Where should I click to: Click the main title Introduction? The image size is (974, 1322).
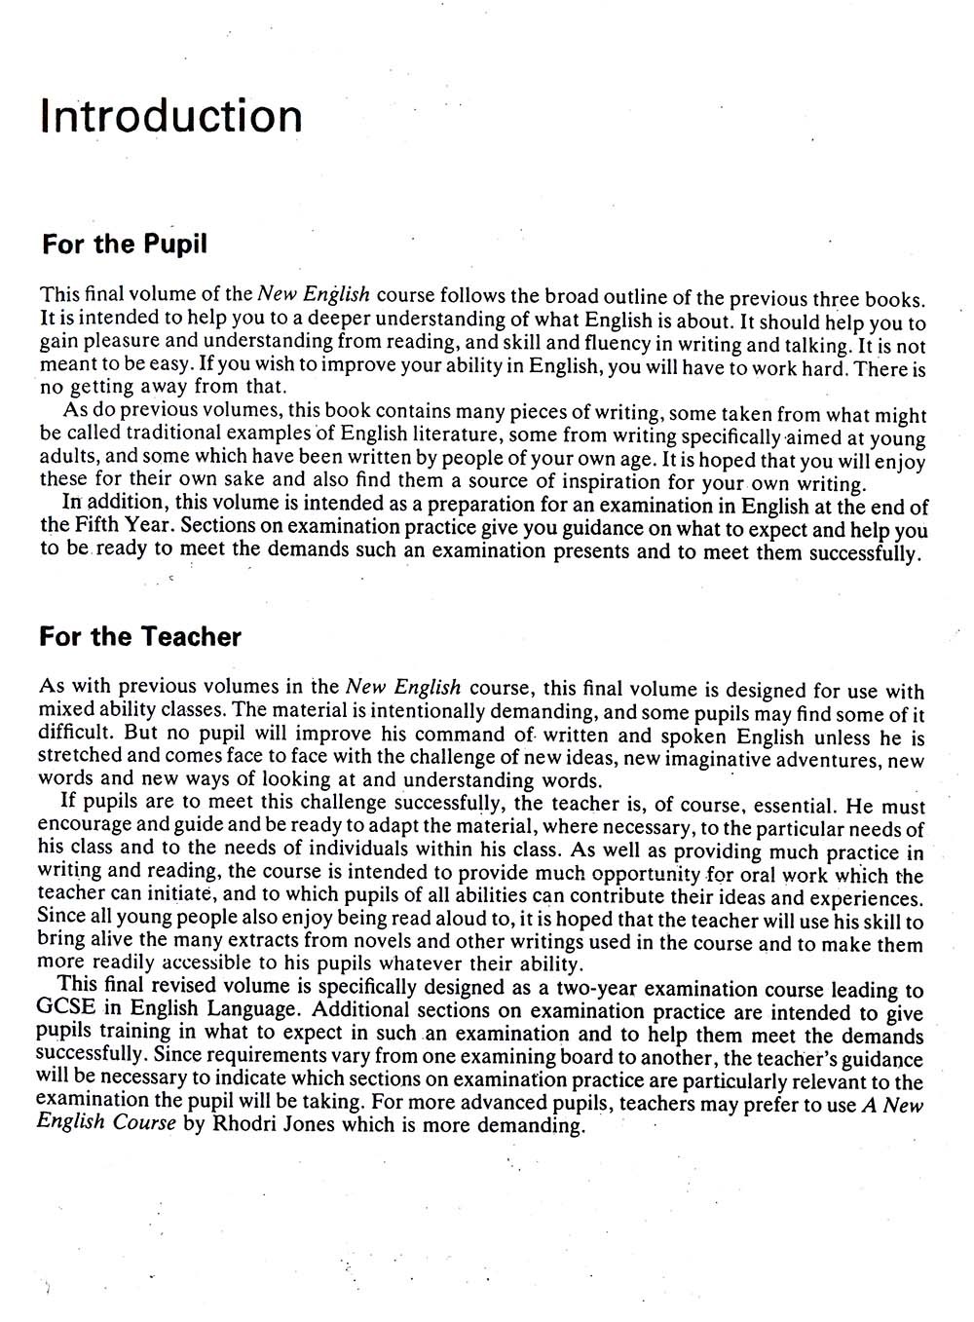point(171,116)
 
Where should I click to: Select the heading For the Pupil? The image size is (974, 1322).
point(125,244)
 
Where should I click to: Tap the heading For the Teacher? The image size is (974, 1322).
point(140,637)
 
